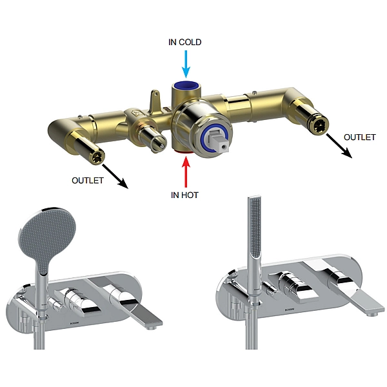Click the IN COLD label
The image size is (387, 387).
185,42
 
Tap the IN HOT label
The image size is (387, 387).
184,195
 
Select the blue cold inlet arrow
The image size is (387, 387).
186,64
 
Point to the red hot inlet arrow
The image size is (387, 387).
186,172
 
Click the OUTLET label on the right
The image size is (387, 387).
360,137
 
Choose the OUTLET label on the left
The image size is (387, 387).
87,181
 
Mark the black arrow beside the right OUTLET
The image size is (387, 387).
339,146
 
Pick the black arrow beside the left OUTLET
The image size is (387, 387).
115,177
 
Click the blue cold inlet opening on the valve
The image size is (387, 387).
186,85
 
